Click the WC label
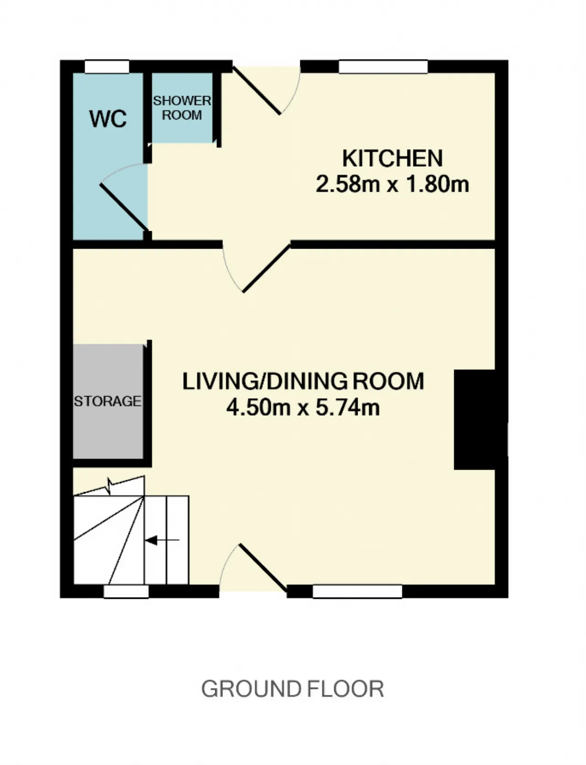point(108,119)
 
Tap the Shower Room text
point(182,108)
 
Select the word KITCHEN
point(392,158)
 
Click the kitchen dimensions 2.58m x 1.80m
point(392,184)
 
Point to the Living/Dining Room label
point(303,381)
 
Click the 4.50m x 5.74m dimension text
point(303,407)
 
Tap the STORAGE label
point(108,401)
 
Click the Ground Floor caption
point(293,689)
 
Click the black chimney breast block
point(474,420)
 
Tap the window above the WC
point(108,67)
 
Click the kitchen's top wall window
point(383,67)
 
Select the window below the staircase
point(126,591)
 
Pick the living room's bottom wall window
point(358,591)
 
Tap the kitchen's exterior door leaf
point(257,91)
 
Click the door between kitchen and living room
point(266,268)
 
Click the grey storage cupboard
point(108,401)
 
